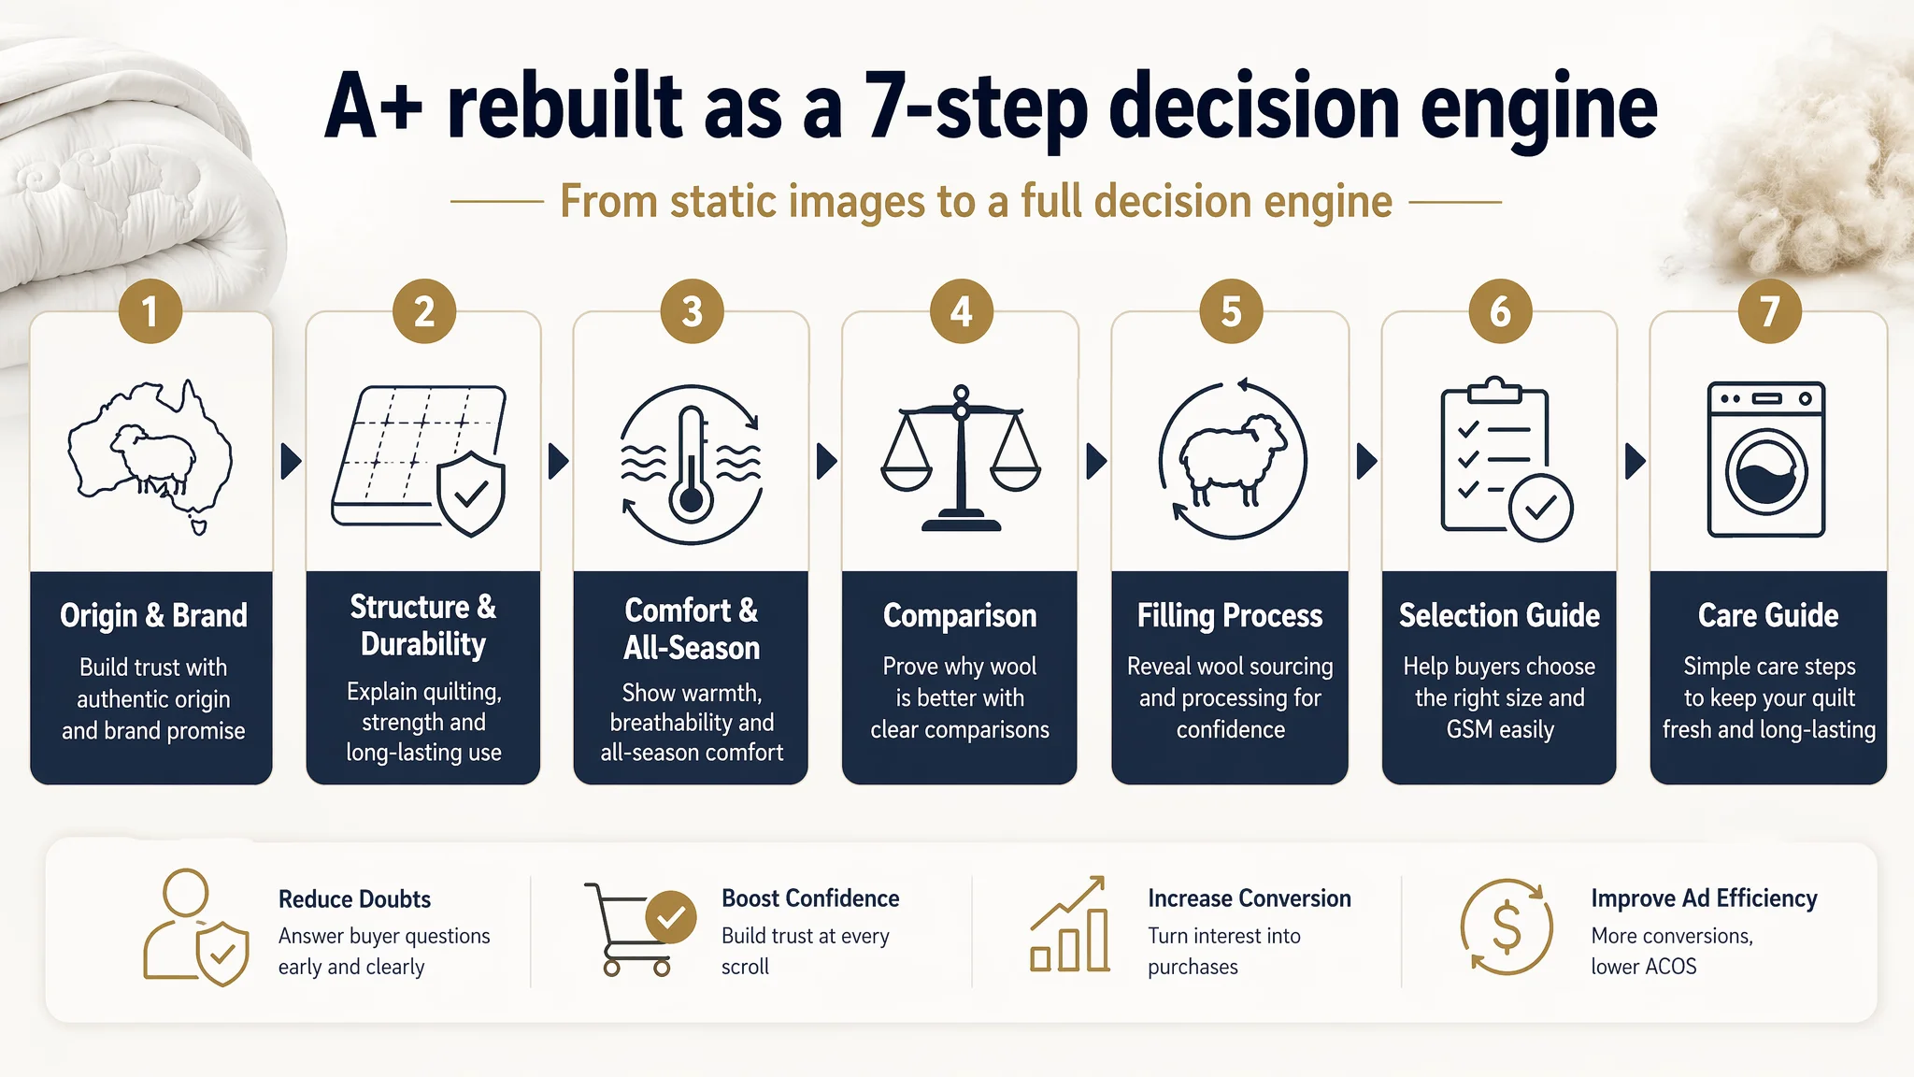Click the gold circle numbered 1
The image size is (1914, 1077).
click(150, 311)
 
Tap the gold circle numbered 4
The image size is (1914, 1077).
click(961, 311)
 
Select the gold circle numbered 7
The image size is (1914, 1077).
click(1769, 311)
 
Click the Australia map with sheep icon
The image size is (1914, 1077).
click(150, 456)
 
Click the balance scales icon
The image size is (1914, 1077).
click(961, 458)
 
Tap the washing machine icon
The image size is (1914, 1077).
click(1766, 459)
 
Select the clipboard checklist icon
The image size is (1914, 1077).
click(1506, 458)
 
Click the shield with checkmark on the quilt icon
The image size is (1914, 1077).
click(471, 494)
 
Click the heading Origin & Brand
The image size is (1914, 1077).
click(153, 615)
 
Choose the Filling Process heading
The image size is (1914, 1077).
click(1230, 615)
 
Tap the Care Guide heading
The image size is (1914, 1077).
click(1768, 615)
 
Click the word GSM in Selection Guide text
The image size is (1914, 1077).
click(1469, 729)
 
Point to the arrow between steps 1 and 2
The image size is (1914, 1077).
click(292, 461)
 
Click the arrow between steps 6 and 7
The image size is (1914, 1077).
click(1635, 461)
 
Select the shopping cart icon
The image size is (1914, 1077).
click(640, 928)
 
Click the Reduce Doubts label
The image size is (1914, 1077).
click(354, 899)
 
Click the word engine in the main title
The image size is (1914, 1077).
click(1538, 110)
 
